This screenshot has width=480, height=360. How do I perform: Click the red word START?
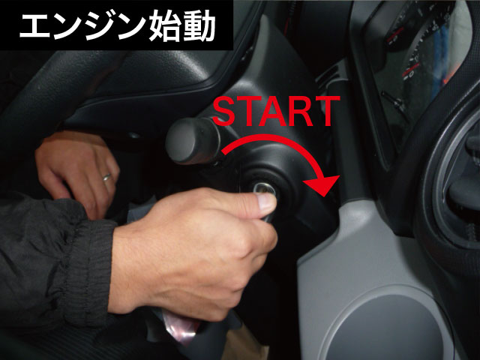[276, 112]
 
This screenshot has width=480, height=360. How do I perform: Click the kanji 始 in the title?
[165, 25]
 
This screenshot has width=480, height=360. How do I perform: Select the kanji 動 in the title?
[199, 25]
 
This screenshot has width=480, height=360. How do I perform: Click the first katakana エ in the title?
[34, 26]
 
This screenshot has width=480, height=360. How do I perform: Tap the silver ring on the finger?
[106, 177]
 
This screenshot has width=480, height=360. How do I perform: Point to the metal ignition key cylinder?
[265, 190]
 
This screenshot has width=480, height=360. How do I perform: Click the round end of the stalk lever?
[184, 142]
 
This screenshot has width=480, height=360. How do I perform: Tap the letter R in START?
[295, 112]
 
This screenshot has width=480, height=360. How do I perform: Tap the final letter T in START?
[327, 112]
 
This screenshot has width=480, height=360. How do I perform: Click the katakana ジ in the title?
[100, 26]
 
